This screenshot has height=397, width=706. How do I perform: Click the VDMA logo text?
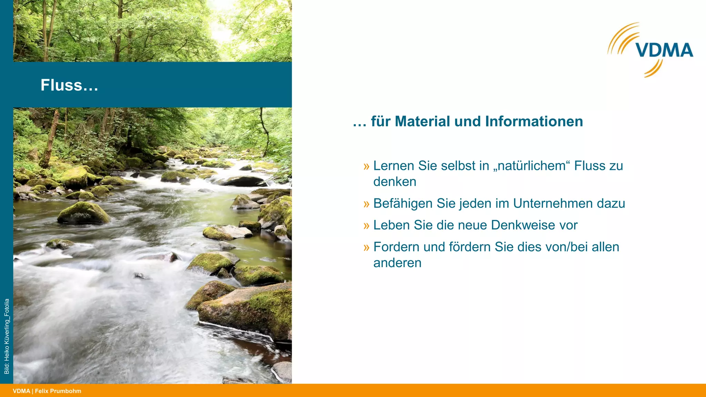(665, 50)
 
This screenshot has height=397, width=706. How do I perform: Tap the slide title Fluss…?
(69, 85)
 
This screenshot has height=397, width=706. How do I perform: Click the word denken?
(395, 182)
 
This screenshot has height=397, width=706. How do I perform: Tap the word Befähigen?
(403, 203)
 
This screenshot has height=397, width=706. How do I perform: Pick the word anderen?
(397, 263)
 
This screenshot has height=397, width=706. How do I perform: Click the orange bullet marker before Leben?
(366, 226)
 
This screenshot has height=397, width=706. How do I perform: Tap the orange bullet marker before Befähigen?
(366, 204)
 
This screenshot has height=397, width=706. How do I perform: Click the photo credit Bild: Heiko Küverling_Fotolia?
(7, 336)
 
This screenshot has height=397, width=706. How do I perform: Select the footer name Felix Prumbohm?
(58, 391)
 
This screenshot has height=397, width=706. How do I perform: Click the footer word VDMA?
(21, 391)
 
